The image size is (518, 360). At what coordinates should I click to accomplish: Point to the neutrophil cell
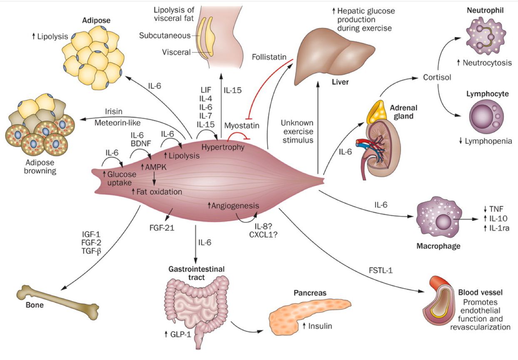(x=486, y=37)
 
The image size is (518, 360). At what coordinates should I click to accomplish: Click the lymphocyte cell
(x=486, y=116)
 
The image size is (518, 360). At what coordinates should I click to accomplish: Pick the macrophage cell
(x=439, y=217)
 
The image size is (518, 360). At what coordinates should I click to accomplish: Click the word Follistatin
(x=269, y=57)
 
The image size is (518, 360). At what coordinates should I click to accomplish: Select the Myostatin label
(x=242, y=126)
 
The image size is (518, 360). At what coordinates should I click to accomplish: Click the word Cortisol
(x=437, y=77)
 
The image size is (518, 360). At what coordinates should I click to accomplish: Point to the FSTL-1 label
(x=381, y=270)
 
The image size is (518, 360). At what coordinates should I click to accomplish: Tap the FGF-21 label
(x=162, y=228)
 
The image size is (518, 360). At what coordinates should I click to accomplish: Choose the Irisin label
(x=114, y=112)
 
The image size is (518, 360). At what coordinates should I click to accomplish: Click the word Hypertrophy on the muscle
(x=223, y=147)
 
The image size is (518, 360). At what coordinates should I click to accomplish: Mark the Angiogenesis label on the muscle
(x=233, y=206)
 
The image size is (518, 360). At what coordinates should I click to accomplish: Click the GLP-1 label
(x=178, y=334)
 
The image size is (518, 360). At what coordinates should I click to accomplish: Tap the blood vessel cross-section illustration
(x=438, y=301)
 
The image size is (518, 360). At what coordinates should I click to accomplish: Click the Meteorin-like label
(x=117, y=122)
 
